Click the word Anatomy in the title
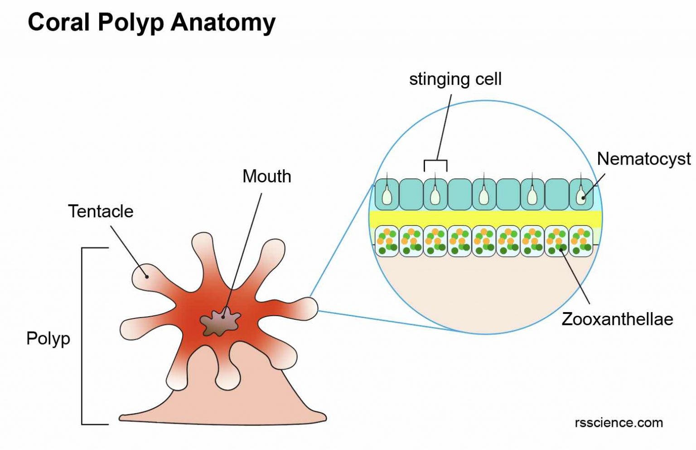click(222, 22)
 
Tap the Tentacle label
click(101, 211)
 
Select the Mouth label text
click(266, 176)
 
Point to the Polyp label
click(48, 338)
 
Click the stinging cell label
click(455, 79)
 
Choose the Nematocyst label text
click(643, 159)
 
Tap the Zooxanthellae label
click(617, 319)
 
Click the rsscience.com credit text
click(619, 423)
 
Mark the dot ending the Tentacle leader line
click(146, 276)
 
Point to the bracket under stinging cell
click(435, 161)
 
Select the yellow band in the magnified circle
click(485, 219)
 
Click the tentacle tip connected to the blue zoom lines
click(308, 308)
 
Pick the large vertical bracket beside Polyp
click(82, 336)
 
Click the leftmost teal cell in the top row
click(387, 194)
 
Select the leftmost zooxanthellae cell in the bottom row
click(387, 241)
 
